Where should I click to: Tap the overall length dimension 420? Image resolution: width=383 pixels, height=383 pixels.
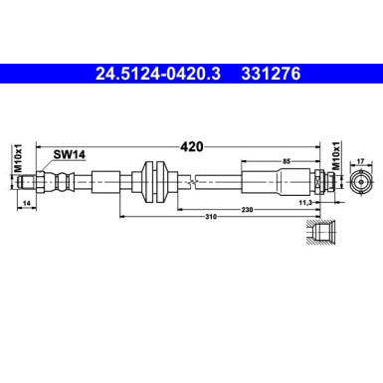191,146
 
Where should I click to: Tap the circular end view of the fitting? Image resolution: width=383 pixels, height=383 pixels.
362,181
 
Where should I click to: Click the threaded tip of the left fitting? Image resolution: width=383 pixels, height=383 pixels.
40,181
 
